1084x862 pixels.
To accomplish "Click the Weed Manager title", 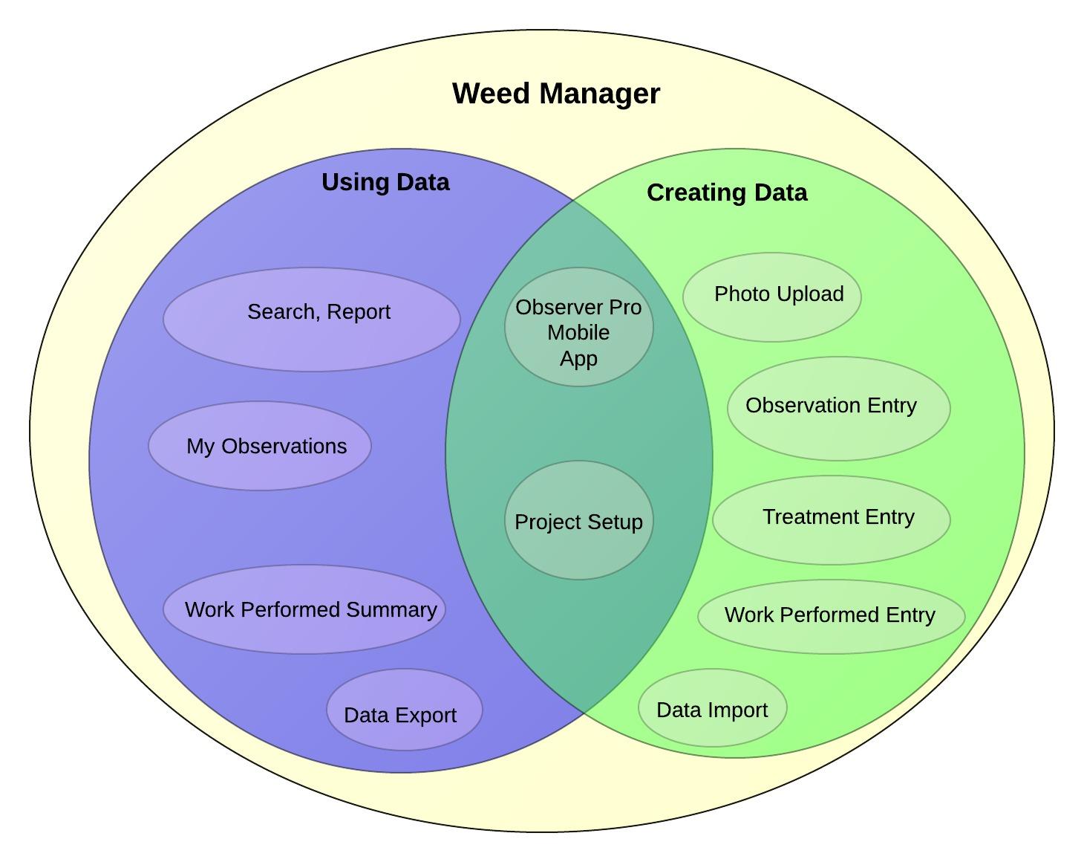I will pos(555,94).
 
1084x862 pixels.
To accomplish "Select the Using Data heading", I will pos(385,183).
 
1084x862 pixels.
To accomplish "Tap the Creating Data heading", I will pos(727,193).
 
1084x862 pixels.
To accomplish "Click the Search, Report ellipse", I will pos(312,320).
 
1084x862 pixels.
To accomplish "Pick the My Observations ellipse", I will pos(260,446).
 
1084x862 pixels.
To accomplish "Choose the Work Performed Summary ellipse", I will pos(304,609).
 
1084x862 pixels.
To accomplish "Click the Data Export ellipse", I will pos(405,710).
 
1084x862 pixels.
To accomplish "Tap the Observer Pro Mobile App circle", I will pos(579,327).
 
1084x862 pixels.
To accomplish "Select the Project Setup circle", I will pos(579,520).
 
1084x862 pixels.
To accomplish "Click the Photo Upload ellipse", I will pos(772,297).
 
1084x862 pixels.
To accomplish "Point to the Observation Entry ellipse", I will pos(839,409).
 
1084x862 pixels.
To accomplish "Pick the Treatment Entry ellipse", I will pos(832,520).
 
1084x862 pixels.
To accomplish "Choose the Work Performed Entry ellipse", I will pos(832,617).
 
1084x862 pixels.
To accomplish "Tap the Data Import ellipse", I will pos(713,708).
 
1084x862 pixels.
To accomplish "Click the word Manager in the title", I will pos(599,94).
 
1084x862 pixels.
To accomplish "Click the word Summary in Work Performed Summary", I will pos(391,610).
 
